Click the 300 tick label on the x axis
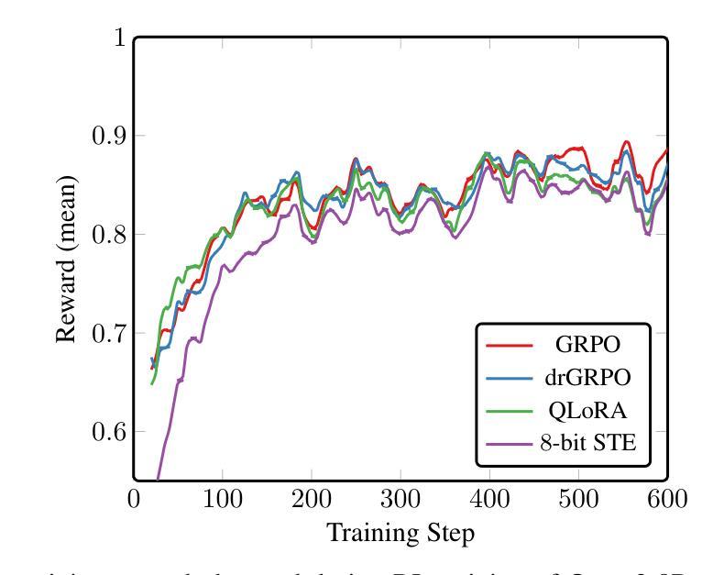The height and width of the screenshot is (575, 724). (400, 500)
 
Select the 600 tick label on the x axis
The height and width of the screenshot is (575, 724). (667, 500)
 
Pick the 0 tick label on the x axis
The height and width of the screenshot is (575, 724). (134, 500)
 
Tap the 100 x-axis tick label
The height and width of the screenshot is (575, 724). (223, 500)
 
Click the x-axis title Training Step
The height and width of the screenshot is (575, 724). (400, 531)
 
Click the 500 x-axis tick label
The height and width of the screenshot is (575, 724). (578, 500)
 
